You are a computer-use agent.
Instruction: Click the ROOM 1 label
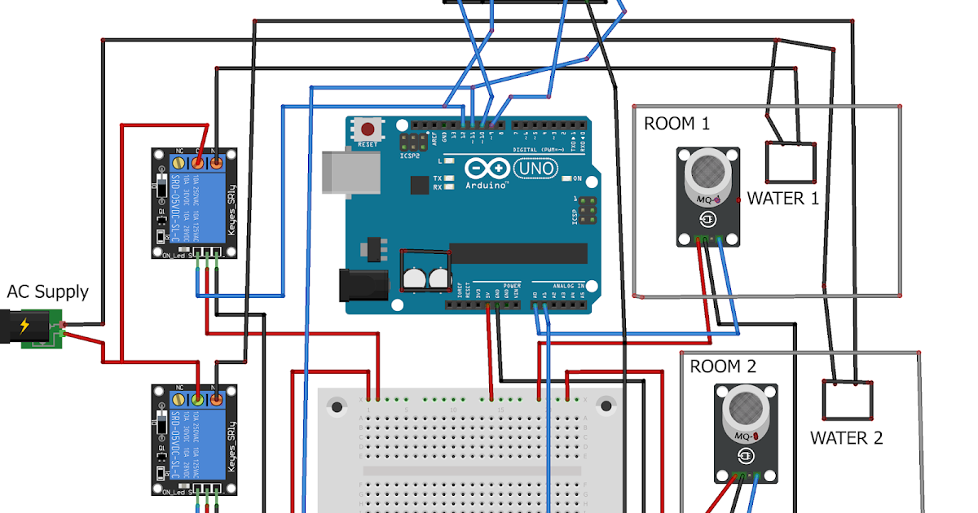676,124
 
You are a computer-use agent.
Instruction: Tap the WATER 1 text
782,198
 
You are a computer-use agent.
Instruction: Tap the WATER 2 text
846,438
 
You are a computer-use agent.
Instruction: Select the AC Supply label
47,292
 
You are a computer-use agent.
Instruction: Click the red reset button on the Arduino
369,129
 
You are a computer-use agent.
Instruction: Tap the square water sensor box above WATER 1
791,162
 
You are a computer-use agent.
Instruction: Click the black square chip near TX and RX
420,186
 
